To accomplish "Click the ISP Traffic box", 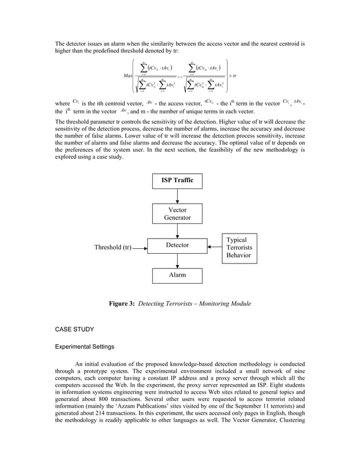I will click(x=178, y=181).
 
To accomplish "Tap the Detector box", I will click(x=178, y=245).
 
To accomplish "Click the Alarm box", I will click(x=178, y=275).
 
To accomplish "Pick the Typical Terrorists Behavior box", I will click(x=239, y=248).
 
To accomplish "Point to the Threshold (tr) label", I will click(x=113, y=247).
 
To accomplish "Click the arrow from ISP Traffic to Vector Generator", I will click(x=178, y=196).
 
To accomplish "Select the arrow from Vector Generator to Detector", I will click(x=178, y=230).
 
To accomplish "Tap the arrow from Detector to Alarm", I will click(x=178, y=261).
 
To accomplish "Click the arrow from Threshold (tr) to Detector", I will click(x=139, y=247).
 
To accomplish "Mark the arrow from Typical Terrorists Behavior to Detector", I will click(x=216, y=247).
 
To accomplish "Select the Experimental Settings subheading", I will click(x=85, y=347).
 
